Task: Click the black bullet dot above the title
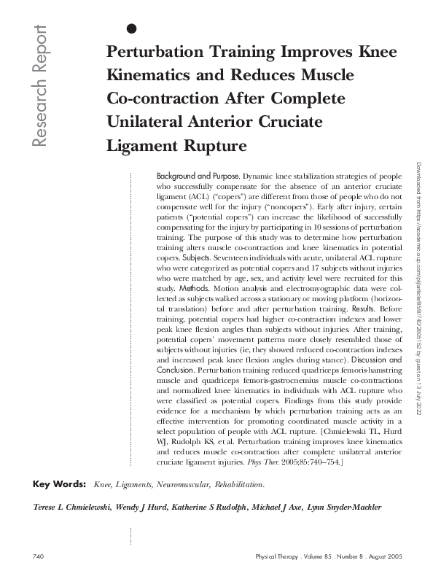click(x=131, y=29)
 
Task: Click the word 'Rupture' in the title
click(x=211, y=145)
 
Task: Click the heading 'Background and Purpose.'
click(x=198, y=176)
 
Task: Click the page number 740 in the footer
click(x=39, y=556)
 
